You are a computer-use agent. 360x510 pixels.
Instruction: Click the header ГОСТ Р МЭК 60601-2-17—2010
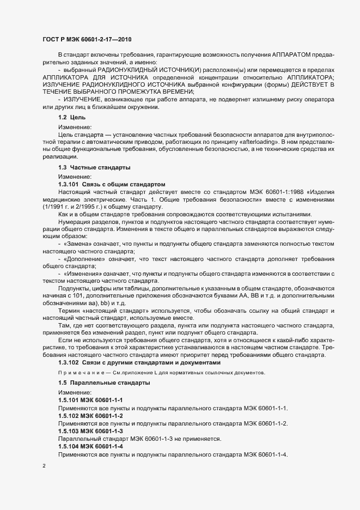(x=87, y=39)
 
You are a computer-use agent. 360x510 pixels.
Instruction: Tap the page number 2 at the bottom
(x=44, y=466)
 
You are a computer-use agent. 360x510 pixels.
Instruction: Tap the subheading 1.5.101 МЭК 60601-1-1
(x=90, y=400)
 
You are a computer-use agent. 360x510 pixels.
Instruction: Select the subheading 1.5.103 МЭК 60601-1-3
(x=90, y=431)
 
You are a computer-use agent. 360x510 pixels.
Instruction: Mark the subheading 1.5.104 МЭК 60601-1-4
(x=90, y=446)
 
